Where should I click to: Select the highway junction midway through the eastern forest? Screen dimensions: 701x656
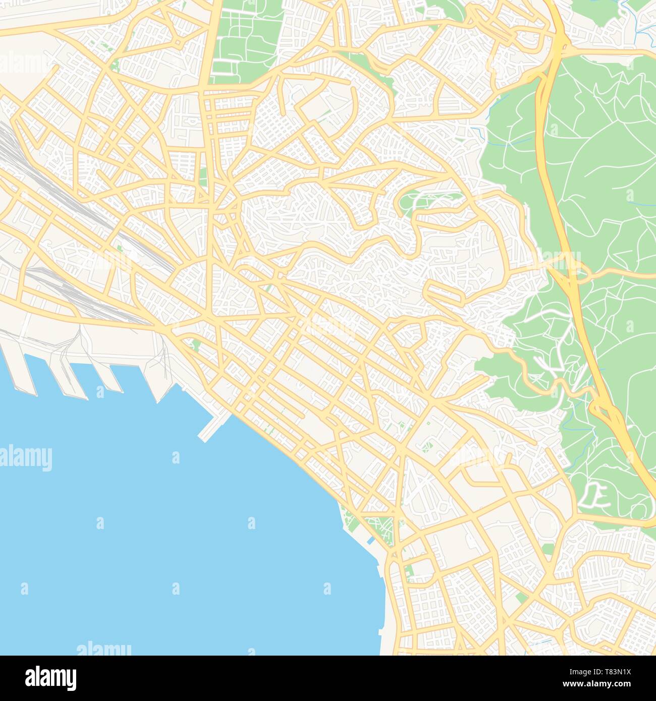[x=570, y=267]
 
